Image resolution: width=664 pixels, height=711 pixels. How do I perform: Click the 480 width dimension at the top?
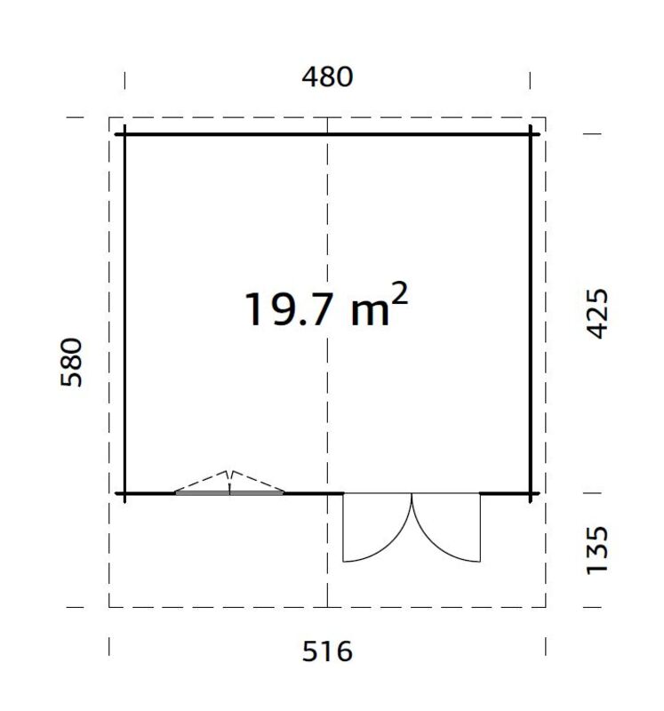pos(327,77)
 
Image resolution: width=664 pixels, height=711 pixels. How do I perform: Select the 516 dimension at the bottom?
pos(327,651)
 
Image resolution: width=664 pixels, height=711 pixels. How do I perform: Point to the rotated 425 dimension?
pos(597,312)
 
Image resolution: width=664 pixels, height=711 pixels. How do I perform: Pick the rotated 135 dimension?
pos(597,549)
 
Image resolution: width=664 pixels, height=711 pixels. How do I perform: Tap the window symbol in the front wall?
pos(230,490)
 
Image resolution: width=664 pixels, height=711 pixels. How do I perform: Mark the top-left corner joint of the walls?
pos(124,134)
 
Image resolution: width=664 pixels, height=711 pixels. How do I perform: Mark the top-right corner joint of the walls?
pos(531,134)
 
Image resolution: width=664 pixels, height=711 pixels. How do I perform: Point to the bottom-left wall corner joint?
pos(124,492)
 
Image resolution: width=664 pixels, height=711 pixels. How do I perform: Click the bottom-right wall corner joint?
pos(531,492)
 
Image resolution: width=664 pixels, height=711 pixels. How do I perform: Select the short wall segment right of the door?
pos(505,492)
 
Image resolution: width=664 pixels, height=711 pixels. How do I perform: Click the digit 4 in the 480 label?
pos(310,77)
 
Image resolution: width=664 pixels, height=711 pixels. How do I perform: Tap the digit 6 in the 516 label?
pos(343,651)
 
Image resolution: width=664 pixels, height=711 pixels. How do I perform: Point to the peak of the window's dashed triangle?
pos(230,471)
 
